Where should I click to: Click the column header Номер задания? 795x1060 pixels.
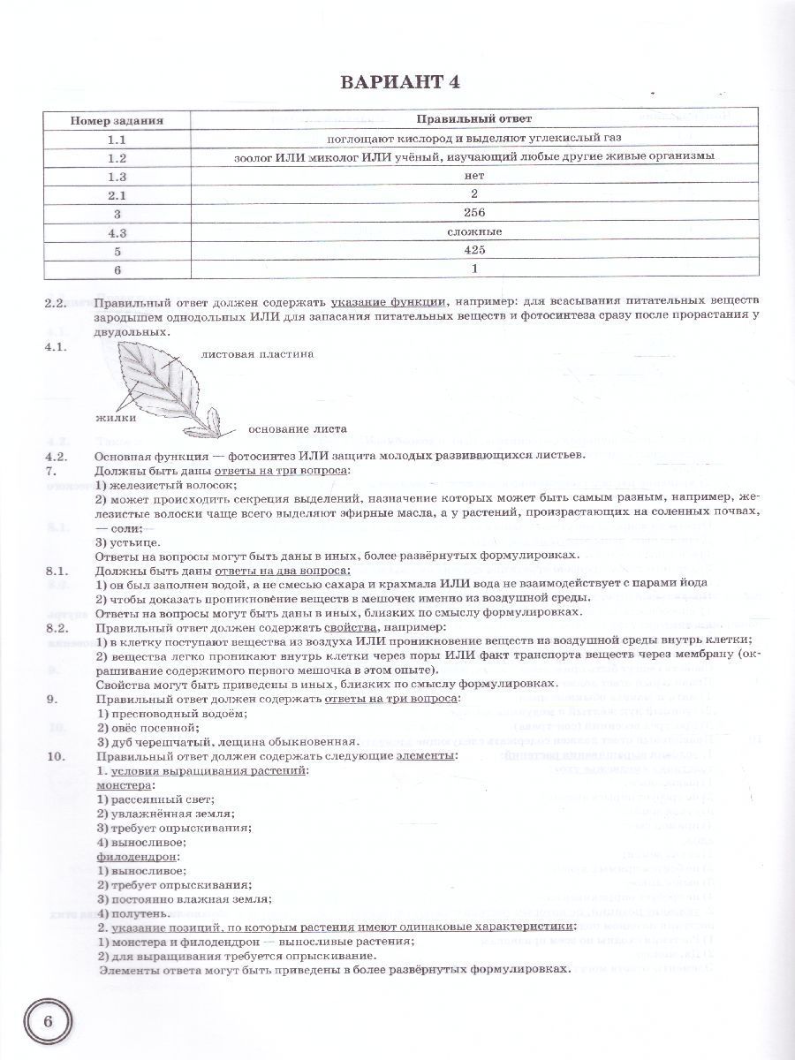click(117, 119)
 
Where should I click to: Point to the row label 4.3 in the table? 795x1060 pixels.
click(117, 231)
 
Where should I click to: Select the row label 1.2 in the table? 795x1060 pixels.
click(117, 156)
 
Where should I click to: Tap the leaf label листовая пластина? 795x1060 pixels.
click(257, 354)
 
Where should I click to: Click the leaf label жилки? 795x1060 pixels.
click(115, 418)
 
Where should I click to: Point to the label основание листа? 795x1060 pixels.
click(297, 430)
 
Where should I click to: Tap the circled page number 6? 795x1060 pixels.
click(49, 1020)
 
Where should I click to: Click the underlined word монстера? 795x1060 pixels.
click(124, 785)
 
